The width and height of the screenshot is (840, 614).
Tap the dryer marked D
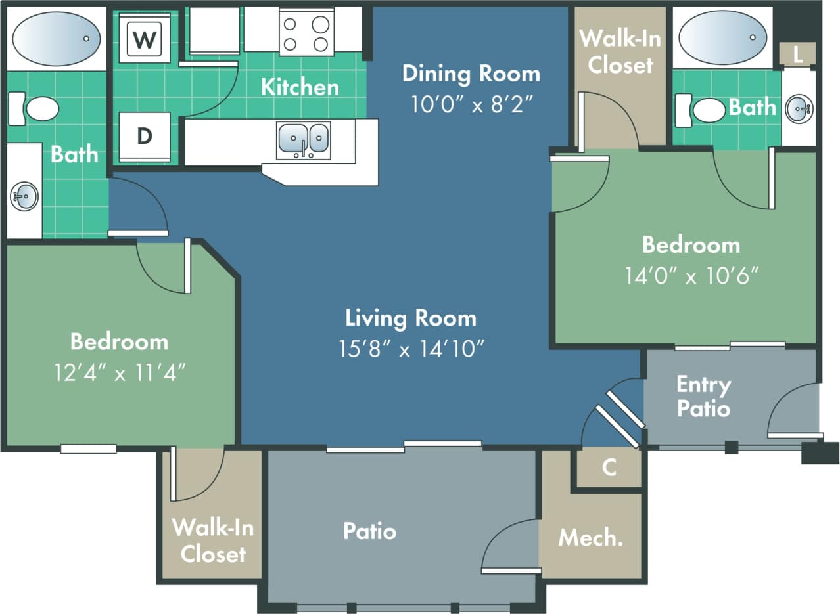coord(144,136)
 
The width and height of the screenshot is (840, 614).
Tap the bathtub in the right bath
coord(722,37)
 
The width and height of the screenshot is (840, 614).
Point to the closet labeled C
coord(609,468)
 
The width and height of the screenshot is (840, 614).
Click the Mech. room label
coord(590,538)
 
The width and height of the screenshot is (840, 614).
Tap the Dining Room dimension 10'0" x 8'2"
coord(471,104)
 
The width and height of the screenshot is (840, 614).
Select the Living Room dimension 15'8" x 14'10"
coord(411,349)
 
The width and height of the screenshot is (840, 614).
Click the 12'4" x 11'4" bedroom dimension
coord(119,372)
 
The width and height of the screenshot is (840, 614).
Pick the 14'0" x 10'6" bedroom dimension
coord(691,275)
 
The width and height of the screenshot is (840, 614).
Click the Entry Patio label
coord(703,396)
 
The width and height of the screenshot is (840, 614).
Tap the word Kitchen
coord(300,87)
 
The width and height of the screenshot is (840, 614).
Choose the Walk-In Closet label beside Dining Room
coord(620,51)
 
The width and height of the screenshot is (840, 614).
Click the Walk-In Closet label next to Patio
coord(212,540)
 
